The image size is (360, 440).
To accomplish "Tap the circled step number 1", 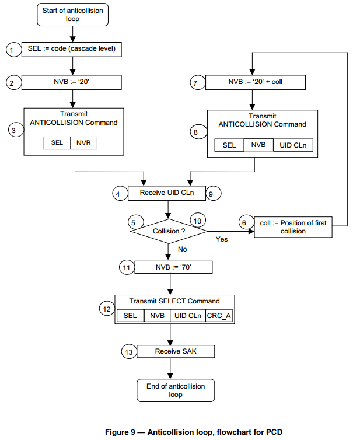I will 12,51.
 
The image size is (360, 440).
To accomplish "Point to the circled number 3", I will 13,131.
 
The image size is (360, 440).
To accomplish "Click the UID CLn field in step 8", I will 293,145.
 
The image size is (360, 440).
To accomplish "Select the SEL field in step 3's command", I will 57,143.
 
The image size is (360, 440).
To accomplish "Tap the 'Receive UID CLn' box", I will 167,193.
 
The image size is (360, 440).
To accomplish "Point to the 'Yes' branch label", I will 222,239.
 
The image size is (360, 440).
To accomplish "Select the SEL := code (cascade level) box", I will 71,50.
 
